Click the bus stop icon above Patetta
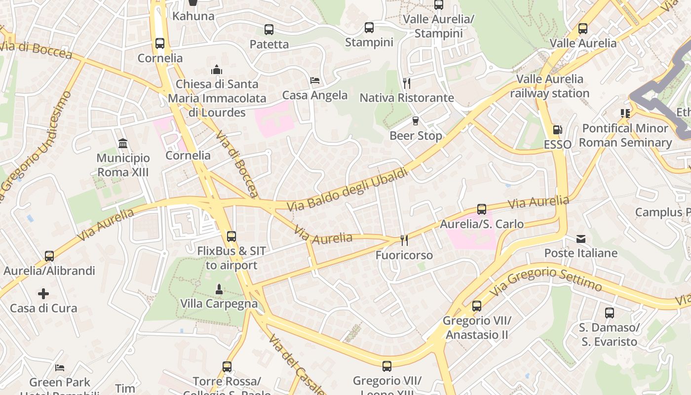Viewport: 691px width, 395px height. point(269,30)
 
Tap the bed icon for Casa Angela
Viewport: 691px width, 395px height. point(315,80)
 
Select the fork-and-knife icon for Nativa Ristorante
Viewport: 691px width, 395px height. point(407,83)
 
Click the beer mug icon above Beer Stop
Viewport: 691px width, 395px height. point(416,121)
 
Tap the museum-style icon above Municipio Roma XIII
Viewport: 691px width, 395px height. point(123,144)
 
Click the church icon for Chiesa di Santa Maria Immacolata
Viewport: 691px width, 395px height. point(216,70)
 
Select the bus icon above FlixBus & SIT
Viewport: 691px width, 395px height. point(231,237)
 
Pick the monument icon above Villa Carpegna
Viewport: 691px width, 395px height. point(219,289)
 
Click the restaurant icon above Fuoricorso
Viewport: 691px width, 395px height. point(404,240)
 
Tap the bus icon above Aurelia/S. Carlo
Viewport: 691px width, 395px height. point(482,209)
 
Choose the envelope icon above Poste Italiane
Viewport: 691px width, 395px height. point(581,239)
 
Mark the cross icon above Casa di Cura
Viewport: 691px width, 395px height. point(43,294)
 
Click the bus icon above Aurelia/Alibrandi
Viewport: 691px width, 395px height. point(49,256)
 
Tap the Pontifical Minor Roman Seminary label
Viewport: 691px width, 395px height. point(625,135)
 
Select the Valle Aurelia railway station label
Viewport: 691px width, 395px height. point(549,86)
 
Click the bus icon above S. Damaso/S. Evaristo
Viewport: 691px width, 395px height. point(610,313)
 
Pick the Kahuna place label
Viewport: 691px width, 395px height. point(193,16)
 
